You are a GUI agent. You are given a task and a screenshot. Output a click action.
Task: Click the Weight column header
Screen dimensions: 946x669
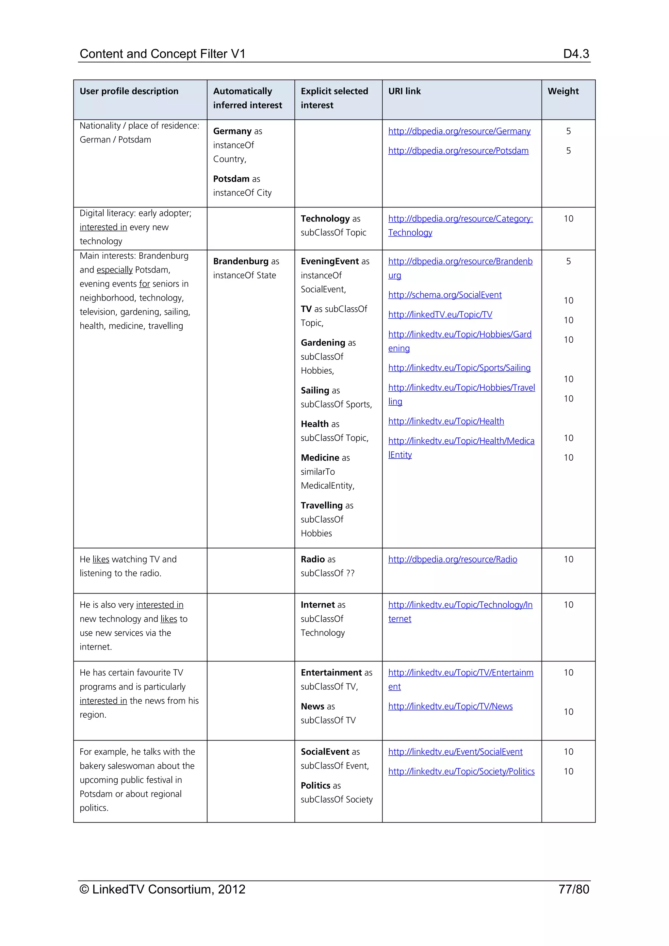point(563,91)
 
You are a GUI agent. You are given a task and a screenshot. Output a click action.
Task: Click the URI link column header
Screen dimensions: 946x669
point(404,91)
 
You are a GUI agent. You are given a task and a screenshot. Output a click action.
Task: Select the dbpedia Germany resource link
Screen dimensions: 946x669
point(459,131)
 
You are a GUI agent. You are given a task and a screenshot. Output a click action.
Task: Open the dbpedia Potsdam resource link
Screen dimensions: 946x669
point(458,151)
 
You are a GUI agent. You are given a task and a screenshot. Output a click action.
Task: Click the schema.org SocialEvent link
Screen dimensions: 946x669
point(445,295)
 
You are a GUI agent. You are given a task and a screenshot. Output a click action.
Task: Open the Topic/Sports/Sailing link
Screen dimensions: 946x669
point(459,368)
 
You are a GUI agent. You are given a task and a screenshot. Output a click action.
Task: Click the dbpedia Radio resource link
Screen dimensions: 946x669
point(452,560)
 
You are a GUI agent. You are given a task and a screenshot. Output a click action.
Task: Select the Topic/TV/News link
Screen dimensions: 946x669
point(450,707)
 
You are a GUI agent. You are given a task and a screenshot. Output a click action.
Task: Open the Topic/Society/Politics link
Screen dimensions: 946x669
point(461,772)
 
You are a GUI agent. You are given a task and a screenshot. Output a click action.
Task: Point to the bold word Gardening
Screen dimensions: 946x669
point(322,343)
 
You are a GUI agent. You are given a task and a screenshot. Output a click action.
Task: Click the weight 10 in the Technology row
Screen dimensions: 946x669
point(568,219)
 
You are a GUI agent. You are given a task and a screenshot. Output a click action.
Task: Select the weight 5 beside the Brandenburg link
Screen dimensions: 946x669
point(568,261)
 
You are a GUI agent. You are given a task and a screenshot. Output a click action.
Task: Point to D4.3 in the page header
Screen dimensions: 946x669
point(576,54)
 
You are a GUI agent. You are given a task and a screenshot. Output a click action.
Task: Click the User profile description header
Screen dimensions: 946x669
point(129,91)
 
